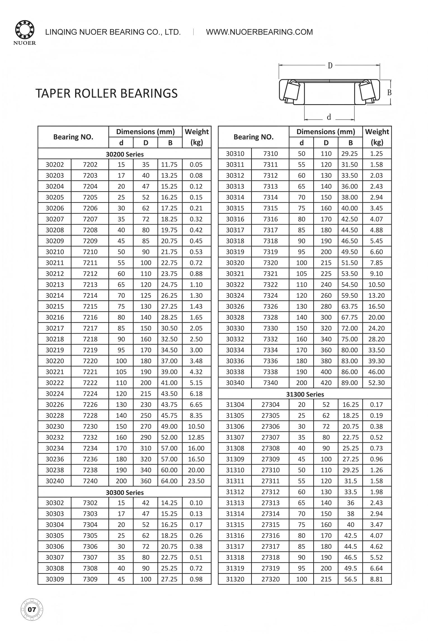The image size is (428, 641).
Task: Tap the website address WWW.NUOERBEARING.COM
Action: click(x=259, y=32)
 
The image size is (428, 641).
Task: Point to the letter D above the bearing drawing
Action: click(x=330, y=66)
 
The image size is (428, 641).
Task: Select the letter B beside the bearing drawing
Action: click(x=389, y=92)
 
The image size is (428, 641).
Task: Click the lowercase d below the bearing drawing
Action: click(x=329, y=117)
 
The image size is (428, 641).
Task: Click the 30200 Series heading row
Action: click(x=124, y=154)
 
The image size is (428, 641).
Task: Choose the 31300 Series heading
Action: click(x=305, y=394)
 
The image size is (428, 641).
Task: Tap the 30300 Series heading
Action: click(x=124, y=493)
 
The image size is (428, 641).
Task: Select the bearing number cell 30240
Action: click(x=55, y=481)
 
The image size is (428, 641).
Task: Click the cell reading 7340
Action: click(x=271, y=383)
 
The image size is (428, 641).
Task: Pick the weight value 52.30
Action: click(x=377, y=383)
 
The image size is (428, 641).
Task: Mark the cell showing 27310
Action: click(x=271, y=470)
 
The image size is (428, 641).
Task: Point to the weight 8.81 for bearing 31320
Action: click(x=377, y=579)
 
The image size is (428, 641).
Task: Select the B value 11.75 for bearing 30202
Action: click(x=169, y=165)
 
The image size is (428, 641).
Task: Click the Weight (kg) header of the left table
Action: click(x=197, y=137)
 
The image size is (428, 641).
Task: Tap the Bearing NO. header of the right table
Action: click(x=253, y=137)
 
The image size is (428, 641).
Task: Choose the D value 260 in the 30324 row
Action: click(x=326, y=295)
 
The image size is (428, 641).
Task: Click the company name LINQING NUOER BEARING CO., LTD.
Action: click(x=113, y=32)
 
